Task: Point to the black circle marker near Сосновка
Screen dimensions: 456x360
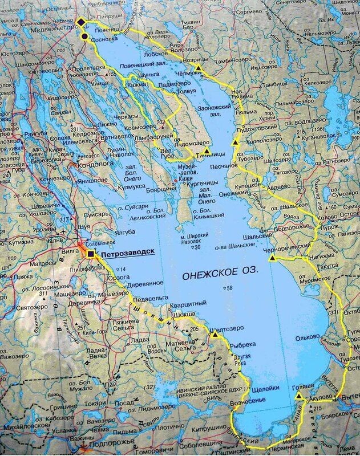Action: click(x=84, y=36)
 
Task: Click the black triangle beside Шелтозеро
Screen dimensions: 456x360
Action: click(x=215, y=335)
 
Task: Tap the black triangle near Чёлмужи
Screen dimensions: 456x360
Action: click(x=197, y=68)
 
